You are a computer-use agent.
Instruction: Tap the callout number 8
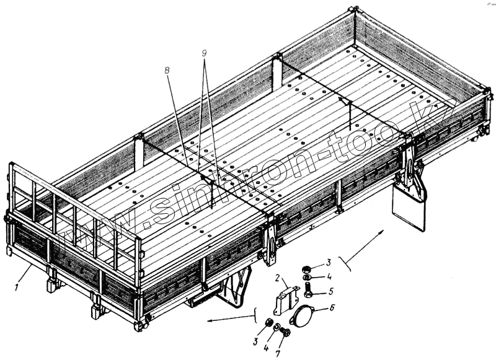167,71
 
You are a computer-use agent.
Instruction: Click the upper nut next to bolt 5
306,270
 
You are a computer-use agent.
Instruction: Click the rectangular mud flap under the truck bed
407,208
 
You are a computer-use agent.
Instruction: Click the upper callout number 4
329,276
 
